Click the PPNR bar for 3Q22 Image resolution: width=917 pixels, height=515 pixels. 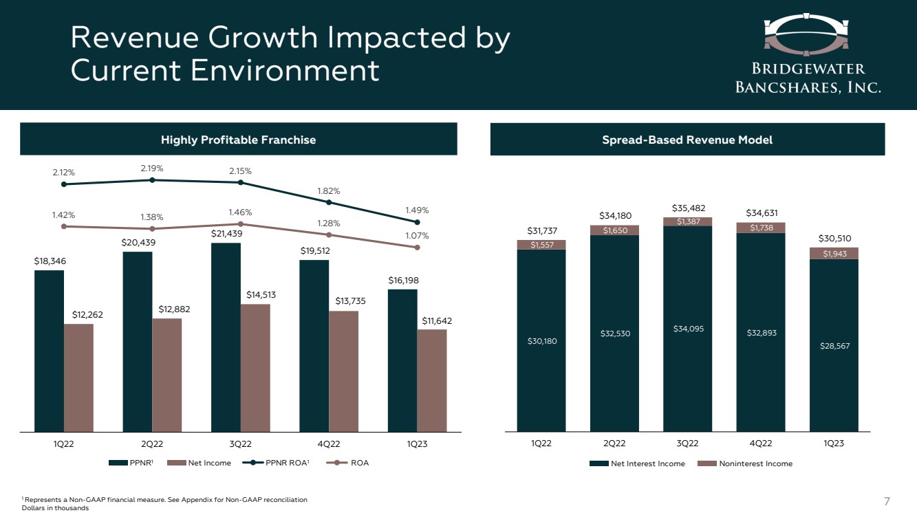[x=226, y=337]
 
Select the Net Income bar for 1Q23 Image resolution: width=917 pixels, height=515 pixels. [x=432, y=380]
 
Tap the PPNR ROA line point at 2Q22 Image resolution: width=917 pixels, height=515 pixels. [x=152, y=180]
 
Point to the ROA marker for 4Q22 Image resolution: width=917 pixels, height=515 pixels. [x=329, y=235]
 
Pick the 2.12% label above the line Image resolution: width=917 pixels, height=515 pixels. [x=64, y=171]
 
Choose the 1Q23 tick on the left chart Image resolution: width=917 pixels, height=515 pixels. [x=417, y=444]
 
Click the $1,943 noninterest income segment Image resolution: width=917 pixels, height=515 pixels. [x=834, y=254]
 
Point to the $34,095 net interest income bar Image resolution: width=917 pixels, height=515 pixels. [x=687, y=329]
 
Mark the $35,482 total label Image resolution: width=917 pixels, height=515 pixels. [x=687, y=208]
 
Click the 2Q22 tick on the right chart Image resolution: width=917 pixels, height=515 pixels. [x=614, y=444]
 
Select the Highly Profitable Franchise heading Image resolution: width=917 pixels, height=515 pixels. [x=238, y=140]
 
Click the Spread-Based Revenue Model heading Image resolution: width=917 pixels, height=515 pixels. [x=687, y=140]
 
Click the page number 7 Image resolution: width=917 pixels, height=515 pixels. [x=887, y=500]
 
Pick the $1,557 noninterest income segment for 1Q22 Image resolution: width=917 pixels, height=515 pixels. [x=541, y=245]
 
